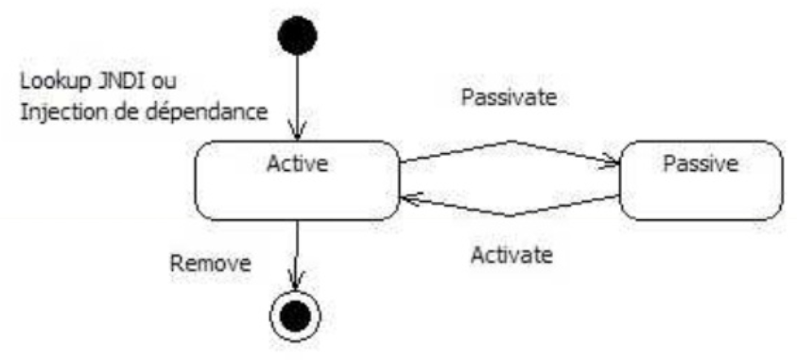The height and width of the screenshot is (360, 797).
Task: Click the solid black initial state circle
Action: (x=297, y=39)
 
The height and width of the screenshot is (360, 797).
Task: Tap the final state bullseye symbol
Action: (x=297, y=317)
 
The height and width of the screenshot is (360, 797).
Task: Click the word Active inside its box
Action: (x=297, y=163)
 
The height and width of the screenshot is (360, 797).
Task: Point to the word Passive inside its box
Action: (x=701, y=163)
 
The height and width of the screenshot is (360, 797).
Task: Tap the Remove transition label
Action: (x=210, y=262)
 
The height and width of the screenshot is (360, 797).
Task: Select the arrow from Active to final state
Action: (x=297, y=250)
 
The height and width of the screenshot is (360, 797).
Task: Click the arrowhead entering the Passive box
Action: (x=609, y=164)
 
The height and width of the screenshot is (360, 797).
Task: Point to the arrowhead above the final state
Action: (x=297, y=282)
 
